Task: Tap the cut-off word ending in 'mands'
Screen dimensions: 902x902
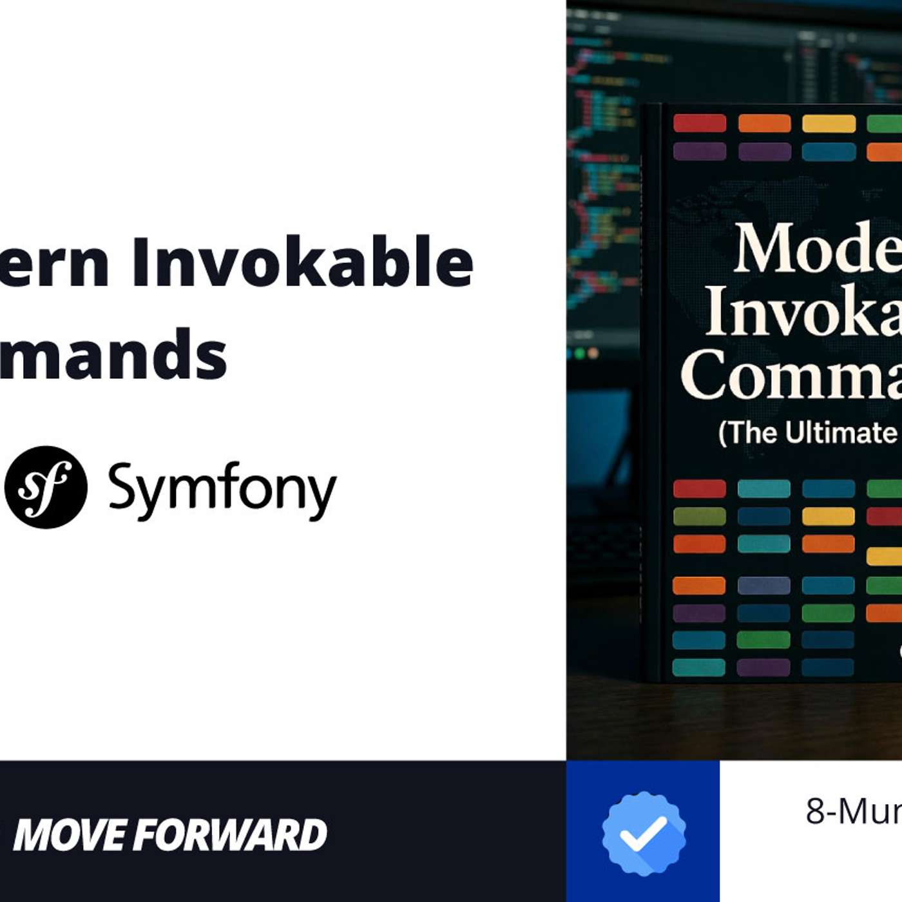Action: (113, 354)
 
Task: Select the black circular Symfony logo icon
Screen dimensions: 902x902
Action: (46, 487)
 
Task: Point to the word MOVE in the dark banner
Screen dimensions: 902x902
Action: (71, 835)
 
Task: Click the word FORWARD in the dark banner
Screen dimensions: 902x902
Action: (232, 835)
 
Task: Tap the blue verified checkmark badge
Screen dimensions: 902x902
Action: (644, 833)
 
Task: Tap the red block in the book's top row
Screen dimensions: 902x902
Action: (700, 123)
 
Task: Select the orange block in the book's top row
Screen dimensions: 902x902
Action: (764, 123)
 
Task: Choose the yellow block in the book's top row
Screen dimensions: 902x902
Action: (829, 123)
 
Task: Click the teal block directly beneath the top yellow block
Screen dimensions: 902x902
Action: (829, 151)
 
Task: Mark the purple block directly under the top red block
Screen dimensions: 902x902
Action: (700, 151)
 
